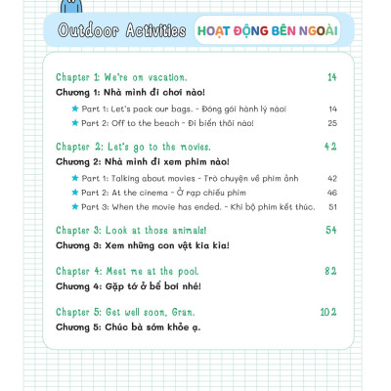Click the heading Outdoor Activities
(x=122, y=30)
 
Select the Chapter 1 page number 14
(x=331, y=76)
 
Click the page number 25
(x=332, y=123)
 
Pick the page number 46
(x=332, y=193)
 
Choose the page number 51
(x=332, y=207)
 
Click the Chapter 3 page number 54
(x=330, y=230)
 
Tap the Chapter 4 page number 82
(x=330, y=270)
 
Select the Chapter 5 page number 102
(x=327, y=311)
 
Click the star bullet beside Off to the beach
(x=74, y=123)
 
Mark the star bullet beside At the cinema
(x=74, y=193)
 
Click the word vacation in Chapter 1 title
(x=162, y=76)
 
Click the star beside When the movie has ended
(x=74, y=207)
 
